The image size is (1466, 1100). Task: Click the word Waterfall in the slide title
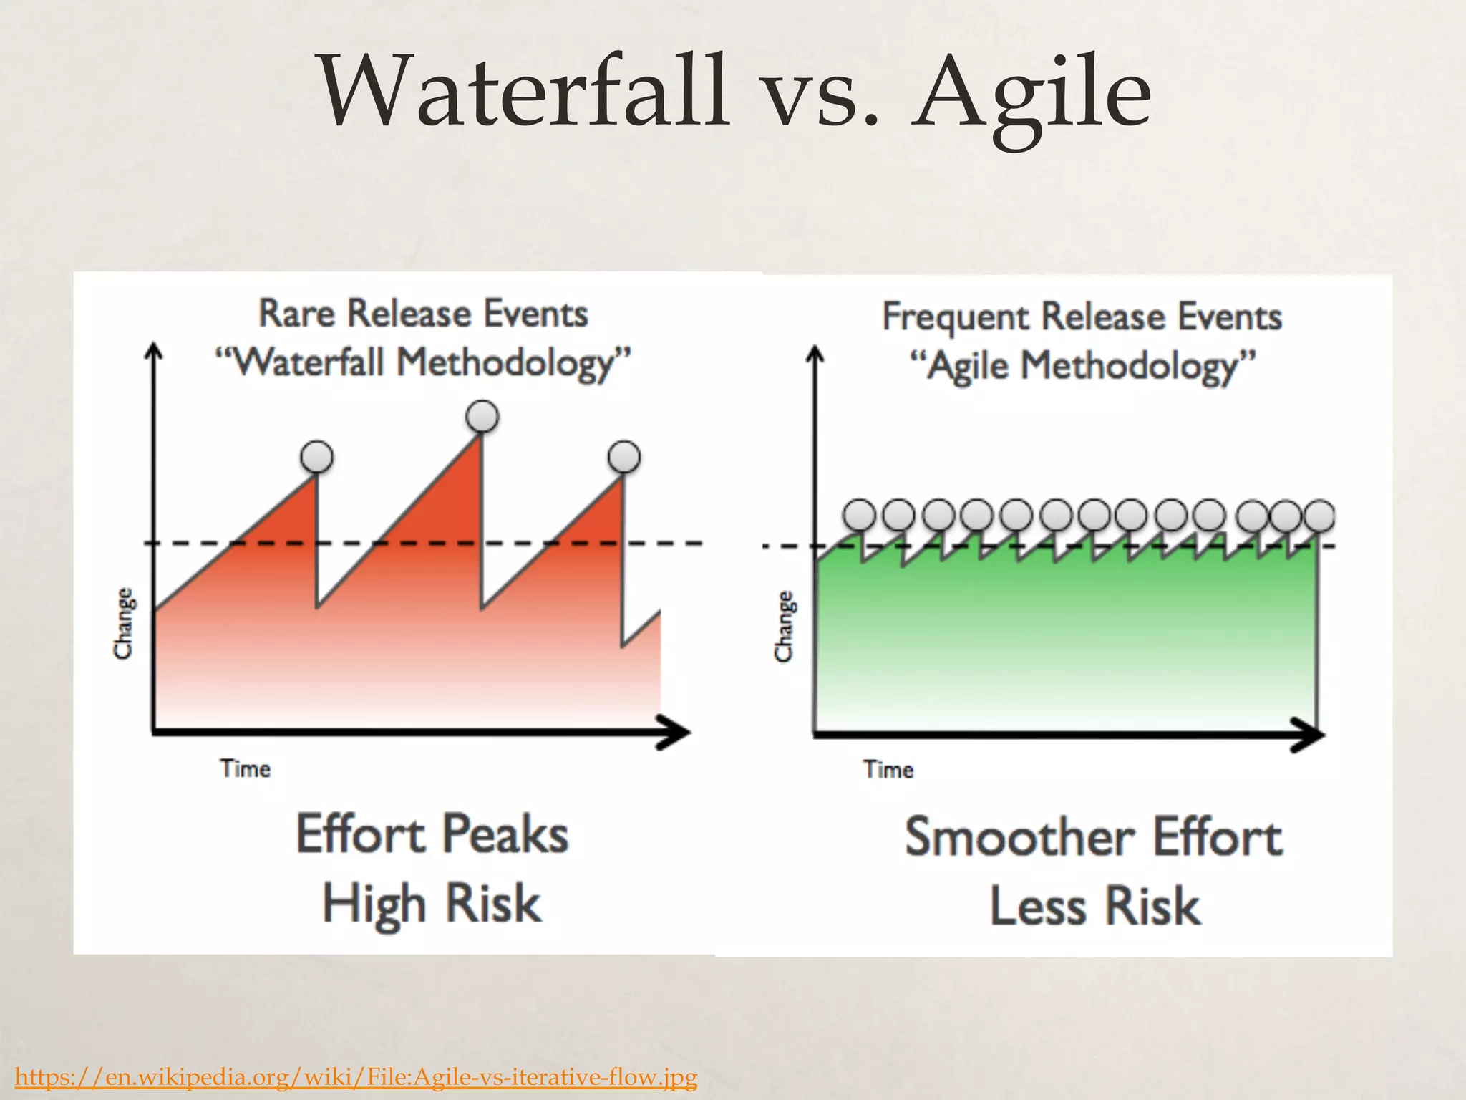[523, 93]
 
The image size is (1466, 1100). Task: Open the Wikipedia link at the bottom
[356, 1076]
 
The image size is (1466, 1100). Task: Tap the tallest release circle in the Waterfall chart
[482, 416]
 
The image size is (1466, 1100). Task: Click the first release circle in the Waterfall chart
[317, 456]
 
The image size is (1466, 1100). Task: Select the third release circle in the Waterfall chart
[624, 456]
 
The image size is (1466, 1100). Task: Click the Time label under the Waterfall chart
[246, 769]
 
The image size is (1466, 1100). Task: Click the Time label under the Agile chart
[888, 770]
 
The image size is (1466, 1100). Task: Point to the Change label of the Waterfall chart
[124, 623]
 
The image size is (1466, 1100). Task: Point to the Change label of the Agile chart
[785, 626]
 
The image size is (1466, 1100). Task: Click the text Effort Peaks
[432, 835]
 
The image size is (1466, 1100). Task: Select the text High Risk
[432, 904]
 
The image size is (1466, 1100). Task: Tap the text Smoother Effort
[1093, 838]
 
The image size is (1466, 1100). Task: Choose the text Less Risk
[1094, 907]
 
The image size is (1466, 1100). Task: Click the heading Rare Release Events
[423, 314]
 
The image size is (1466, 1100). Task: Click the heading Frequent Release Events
[1082, 317]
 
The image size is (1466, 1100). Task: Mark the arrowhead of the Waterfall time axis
[676, 732]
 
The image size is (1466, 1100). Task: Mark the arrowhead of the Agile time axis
[1311, 735]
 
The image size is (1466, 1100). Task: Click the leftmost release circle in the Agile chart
[860, 514]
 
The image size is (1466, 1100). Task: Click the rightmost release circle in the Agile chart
[1319, 515]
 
